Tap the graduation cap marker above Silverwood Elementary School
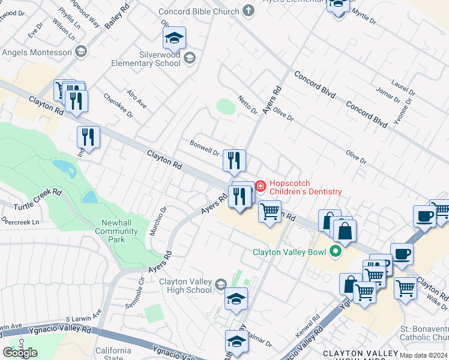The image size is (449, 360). pyautogui.click(x=174, y=38)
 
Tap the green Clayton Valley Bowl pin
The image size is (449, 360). pyautogui.click(x=336, y=252)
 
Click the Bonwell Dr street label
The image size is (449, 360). pyautogui.click(x=204, y=148)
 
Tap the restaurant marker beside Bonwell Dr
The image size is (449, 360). pyautogui.click(x=234, y=160)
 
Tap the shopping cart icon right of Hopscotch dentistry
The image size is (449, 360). pyautogui.click(x=270, y=211)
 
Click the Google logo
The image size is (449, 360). pyautogui.click(x=20, y=353)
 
